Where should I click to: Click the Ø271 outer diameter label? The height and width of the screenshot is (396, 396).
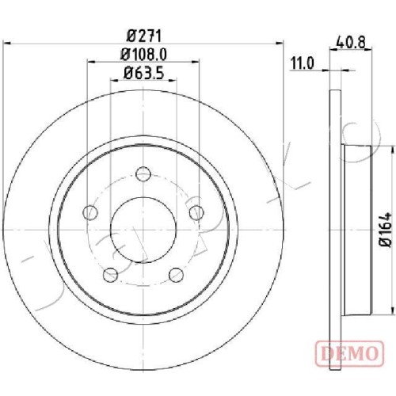tap(144, 36)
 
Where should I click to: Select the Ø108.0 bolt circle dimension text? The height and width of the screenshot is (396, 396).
tap(143, 55)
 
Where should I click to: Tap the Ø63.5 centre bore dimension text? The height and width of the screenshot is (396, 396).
tap(144, 73)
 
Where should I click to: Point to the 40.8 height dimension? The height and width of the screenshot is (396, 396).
tap(351, 42)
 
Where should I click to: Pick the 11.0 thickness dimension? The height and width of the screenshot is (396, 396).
tap(303, 63)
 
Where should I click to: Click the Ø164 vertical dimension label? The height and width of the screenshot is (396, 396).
tap(385, 229)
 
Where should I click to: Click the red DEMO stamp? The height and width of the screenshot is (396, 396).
tap(349, 353)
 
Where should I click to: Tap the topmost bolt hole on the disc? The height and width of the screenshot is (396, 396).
tap(143, 174)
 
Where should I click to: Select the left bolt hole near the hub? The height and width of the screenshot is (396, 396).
tap(90, 212)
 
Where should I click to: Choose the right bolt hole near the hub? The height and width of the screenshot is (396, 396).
tap(196, 212)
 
